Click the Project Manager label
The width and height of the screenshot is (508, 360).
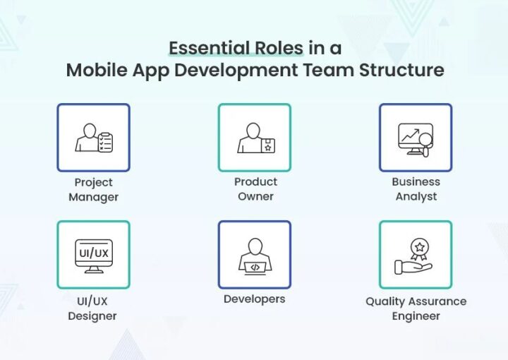click(93, 189)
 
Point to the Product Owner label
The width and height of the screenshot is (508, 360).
click(255, 189)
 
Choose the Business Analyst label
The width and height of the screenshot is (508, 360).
click(416, 189)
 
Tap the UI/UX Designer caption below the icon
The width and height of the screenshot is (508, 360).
click(92, 308)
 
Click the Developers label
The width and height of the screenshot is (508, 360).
click(254, 299)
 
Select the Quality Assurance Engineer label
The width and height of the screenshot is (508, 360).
click(416, 308)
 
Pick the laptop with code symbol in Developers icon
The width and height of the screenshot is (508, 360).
click(255, 267)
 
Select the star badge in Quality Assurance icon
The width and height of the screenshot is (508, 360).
click(419, 249)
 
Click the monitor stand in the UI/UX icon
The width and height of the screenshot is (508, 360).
click(93, 269)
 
